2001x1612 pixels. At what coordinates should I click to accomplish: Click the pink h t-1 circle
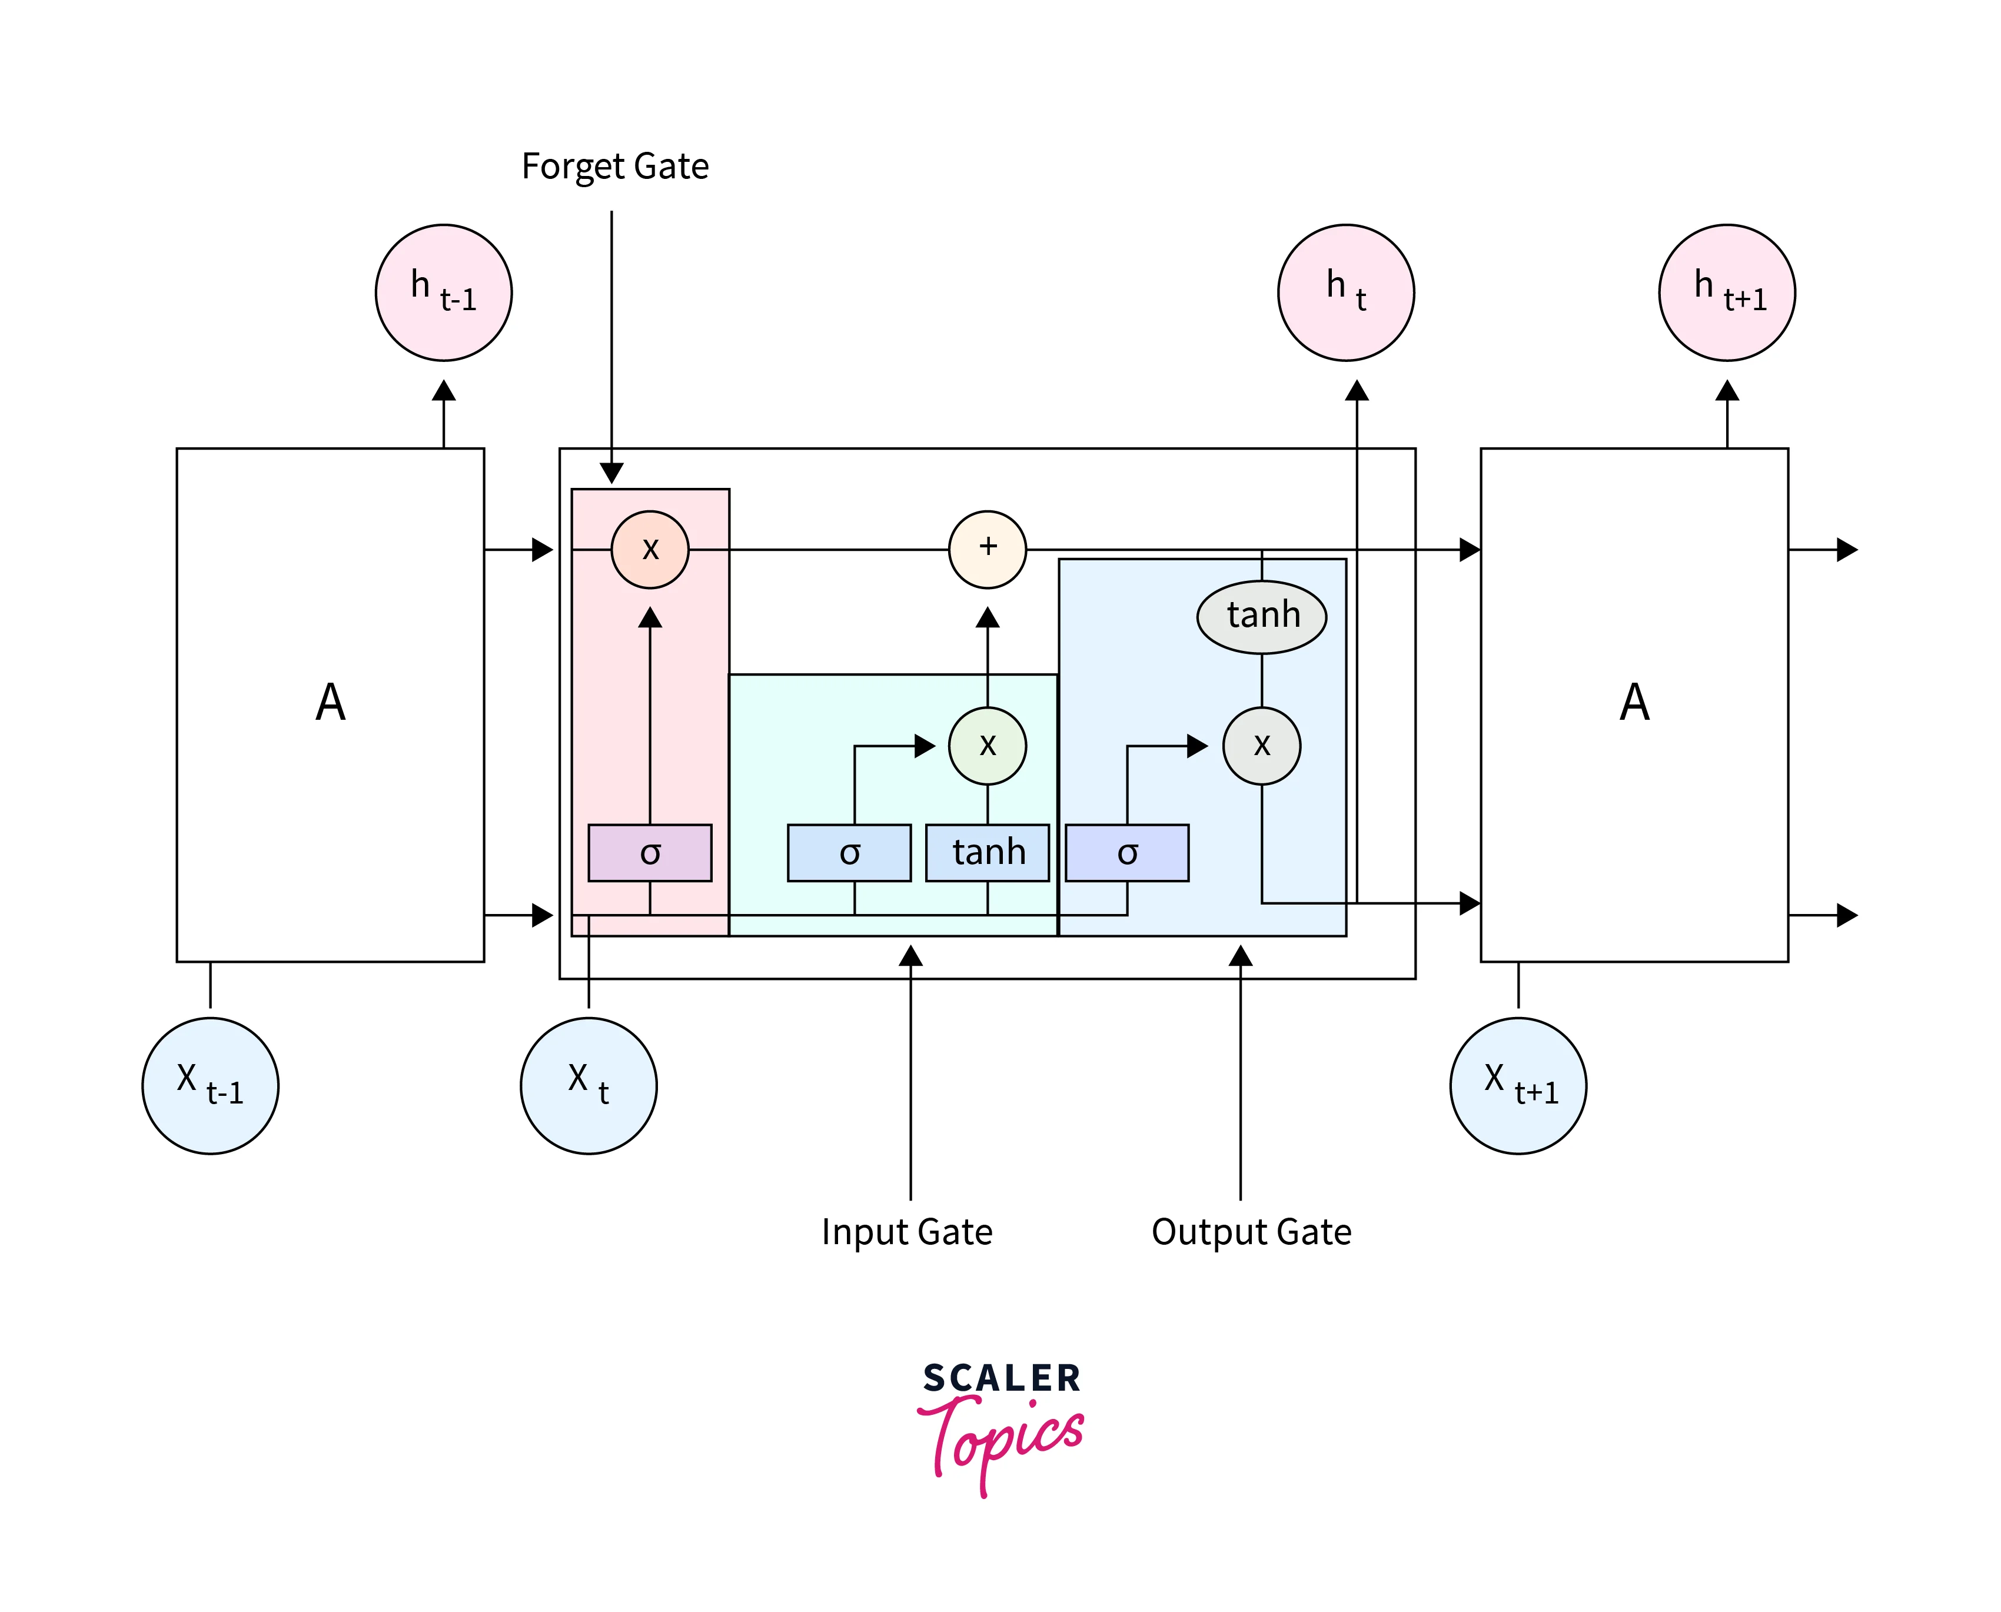coord(444,293)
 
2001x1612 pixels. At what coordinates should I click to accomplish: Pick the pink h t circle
coord(1345,293)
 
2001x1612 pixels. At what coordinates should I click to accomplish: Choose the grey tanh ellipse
coord(1262,616)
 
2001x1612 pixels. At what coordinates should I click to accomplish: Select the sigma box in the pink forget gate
coord(650,852)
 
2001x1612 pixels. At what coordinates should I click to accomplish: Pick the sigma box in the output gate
coord(1126,852)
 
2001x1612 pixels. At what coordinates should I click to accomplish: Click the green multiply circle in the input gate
coord(987,746)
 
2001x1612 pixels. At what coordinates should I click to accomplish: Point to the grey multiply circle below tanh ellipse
coord(1262,746)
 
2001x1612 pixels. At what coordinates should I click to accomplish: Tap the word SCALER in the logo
coord(1001,1378)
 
